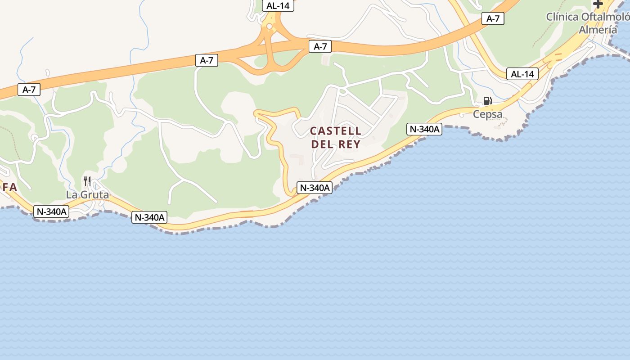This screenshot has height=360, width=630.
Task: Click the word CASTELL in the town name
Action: click(336, 131)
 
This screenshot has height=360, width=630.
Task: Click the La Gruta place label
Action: click(87, 195)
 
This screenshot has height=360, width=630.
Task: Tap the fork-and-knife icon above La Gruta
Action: click(87, 181)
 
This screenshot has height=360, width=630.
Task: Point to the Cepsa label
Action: click(487, 114)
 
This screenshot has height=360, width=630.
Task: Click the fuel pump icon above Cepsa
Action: click(487, 101)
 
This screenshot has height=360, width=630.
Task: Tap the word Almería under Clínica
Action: click(598, 30)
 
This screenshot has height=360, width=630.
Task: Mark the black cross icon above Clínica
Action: click(598, 4)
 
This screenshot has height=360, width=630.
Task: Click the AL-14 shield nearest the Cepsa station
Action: click(522, 74)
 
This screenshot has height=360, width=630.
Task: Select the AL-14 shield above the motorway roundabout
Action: click(278, 6)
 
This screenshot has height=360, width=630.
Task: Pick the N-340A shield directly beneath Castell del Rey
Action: click(315, 188)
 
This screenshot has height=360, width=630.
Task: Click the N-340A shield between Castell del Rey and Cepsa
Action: click(424, 129)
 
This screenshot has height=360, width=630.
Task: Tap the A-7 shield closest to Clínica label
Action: click(493, 18)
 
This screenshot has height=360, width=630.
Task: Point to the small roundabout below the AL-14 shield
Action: click(269, 27)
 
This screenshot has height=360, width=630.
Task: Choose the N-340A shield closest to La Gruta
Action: click(51, 211)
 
